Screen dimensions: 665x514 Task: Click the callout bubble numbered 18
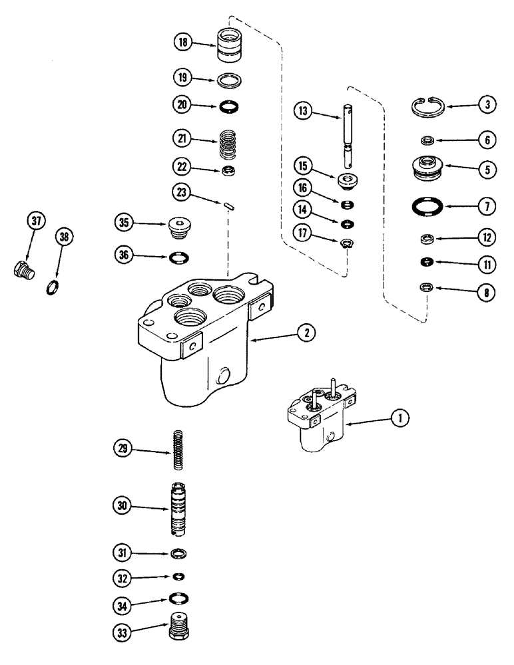[x=182, y=43]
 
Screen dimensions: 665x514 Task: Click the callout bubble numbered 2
[x=306, y=335]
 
